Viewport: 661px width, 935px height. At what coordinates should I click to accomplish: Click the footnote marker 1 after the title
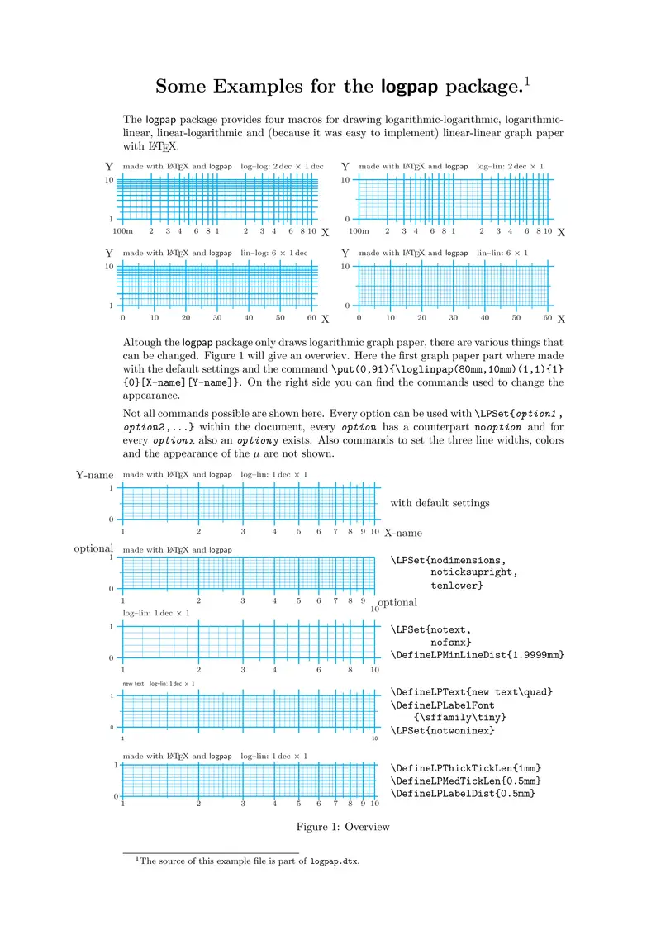tap(525, 80)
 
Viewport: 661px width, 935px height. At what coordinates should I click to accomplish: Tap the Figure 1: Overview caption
tap(343, 827)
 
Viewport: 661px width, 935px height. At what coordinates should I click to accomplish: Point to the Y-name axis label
tap(94, 475)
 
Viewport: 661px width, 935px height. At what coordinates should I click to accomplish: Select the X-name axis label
tap(403, 533)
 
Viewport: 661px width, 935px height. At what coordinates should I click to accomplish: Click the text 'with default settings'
tap(440, 503)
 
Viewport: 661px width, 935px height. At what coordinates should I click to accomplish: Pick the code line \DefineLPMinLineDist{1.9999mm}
tap(478, 655)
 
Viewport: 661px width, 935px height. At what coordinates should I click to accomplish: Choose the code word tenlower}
tap(457, 586)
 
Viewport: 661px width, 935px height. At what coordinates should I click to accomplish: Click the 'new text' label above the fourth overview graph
tap(133, 683)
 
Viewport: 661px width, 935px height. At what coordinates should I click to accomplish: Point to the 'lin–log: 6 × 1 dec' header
tap(273, 253)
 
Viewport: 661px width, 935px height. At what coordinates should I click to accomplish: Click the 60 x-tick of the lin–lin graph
tap(548, 318)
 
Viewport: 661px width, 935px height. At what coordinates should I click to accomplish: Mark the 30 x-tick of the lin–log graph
tap(217, 318)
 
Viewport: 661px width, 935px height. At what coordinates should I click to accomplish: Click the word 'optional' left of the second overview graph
tap(93, 548)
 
